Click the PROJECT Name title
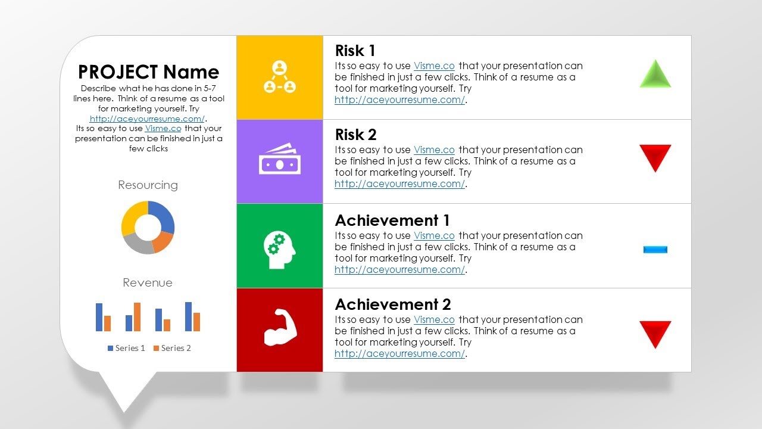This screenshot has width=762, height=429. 148,72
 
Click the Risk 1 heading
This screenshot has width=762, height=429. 355,51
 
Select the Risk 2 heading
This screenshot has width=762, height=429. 355,135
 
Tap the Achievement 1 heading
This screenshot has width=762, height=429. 392,220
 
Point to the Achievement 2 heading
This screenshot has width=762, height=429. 393,304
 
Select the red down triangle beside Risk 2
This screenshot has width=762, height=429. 655,157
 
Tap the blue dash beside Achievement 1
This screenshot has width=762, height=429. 655,250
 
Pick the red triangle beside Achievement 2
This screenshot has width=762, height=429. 655,333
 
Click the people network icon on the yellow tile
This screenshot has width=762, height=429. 280,77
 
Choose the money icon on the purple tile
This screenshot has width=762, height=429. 280,160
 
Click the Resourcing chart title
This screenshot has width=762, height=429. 148,185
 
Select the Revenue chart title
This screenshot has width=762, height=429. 148,283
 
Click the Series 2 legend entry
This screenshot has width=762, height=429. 172,348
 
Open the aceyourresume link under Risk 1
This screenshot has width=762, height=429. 399,100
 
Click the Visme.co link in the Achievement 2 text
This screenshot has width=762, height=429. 434,320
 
